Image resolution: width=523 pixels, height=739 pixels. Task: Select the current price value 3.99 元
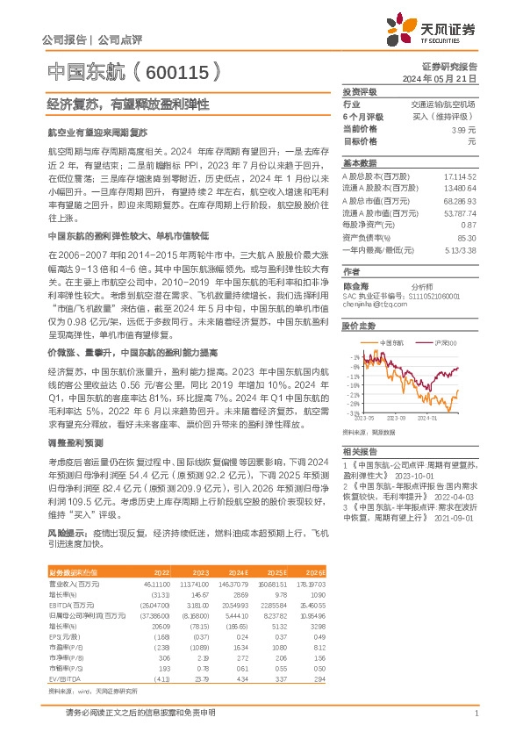pyautogui.click(x=457, y=129)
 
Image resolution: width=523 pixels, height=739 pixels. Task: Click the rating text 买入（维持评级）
pyautogui.click(x=446, y=117)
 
